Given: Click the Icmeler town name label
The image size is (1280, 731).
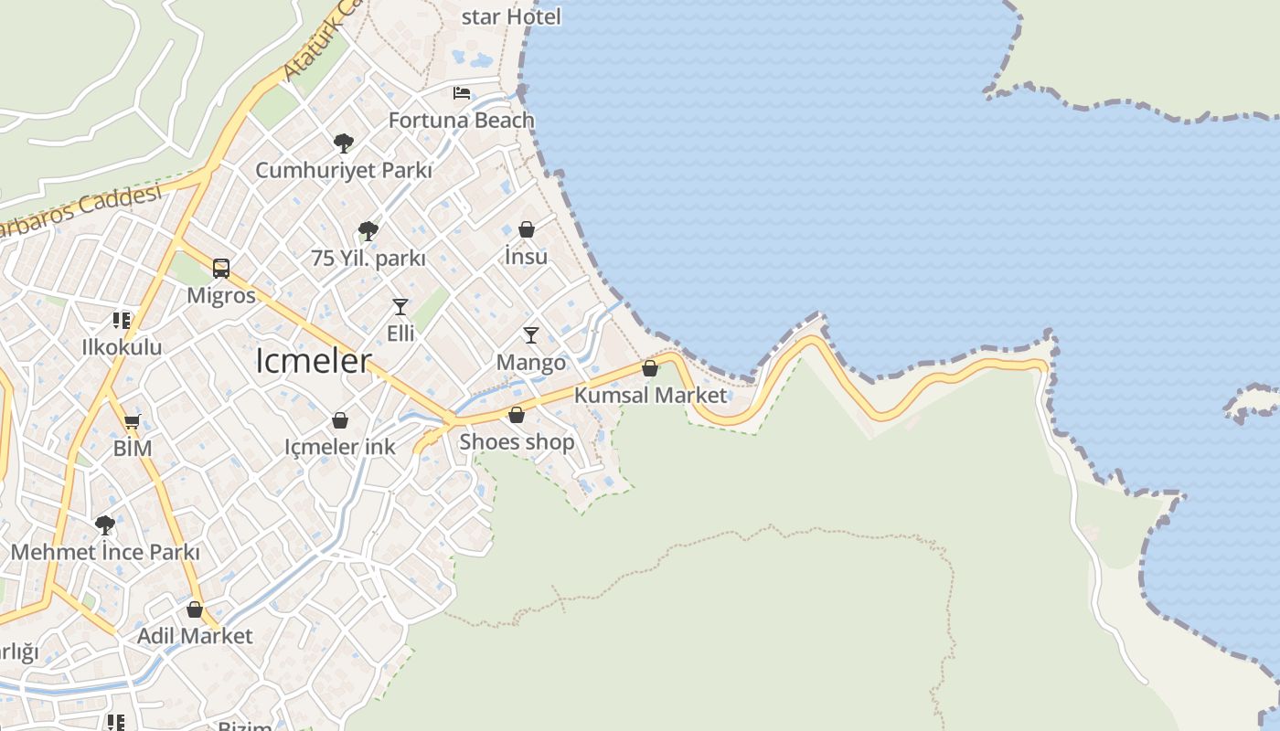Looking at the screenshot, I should (x=314, y=361).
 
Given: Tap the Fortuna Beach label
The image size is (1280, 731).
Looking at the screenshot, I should (x=461, y=120).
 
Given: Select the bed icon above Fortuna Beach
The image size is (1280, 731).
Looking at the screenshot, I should (x=462, y=93).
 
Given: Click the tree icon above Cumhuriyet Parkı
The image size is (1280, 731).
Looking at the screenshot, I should (x=344, y=143).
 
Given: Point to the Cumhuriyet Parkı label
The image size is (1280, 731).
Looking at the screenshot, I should (x=344, y=170).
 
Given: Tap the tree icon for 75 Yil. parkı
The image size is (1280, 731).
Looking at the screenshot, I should (x=368, y=230).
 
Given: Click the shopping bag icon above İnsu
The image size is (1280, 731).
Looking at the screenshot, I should (x=527, y=229).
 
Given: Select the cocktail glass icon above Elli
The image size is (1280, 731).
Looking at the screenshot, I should (x=400, y=306).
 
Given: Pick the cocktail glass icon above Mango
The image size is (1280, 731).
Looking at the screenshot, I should (x=531, y=335).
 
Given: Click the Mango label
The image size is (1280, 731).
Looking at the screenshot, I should (x=531, y=363).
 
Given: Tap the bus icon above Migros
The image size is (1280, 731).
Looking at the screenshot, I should (x=221, y=268).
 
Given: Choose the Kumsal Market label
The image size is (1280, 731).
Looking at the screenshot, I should (x=650, y=395).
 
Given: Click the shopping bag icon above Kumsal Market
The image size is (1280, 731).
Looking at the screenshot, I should (x=650, y=368).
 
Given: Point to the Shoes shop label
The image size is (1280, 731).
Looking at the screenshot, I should (x=517, y=442).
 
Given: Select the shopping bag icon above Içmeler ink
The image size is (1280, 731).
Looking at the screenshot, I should (x=340, y=420).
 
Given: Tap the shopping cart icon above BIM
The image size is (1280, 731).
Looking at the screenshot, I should (x=133, y=421).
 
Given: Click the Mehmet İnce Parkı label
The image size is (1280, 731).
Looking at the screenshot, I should (x=105, y=552).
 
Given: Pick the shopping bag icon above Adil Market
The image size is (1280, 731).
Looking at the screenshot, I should (x=195, y=609).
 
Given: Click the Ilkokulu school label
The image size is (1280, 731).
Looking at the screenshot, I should (x=122, y=347).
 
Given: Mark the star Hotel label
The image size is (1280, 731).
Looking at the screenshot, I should (x=511, y=16).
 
